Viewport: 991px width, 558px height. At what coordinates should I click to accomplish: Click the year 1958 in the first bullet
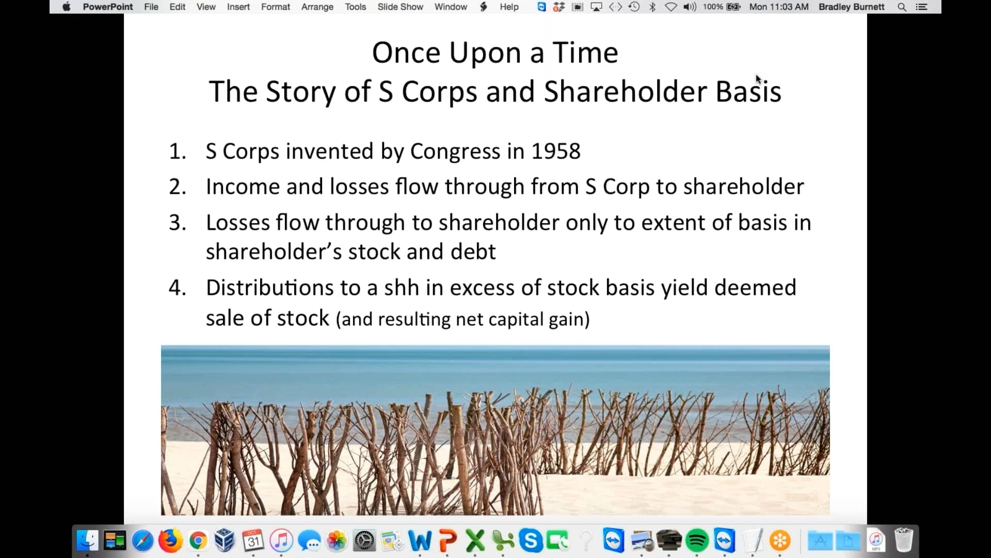click(x=555, y=151)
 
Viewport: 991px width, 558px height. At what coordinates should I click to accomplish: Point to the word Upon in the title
click(x=485, y=53)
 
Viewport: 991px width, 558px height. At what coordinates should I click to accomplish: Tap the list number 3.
click(x=177, y=223)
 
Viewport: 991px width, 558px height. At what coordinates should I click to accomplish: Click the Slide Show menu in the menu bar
click(x=400, y=7)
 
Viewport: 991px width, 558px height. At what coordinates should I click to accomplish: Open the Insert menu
click(x=238, y=7)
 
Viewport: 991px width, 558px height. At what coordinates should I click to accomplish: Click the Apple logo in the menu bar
click(x=67, y=7)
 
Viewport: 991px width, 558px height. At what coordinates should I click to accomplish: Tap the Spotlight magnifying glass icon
click(x=902, y=7)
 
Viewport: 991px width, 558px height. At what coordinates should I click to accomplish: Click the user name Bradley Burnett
click(x=851, y=7)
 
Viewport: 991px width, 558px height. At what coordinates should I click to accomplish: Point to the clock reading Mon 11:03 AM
click(x=778, y=7)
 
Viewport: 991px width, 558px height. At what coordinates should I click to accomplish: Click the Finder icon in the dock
click(x=87, y=541)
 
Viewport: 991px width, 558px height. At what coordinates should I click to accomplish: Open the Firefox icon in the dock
click(x=170, y=541)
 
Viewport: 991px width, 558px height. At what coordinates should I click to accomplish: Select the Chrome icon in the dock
click(x=198, y=541)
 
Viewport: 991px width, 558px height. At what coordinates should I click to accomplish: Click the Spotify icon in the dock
click(x=697, y=541)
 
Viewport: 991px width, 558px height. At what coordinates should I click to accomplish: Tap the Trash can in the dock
click(x=903, y=540)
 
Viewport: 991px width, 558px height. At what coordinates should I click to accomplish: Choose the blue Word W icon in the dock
click(x=420, y=541)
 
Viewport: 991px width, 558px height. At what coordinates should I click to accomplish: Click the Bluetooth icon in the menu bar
click(x=652, y=7)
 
